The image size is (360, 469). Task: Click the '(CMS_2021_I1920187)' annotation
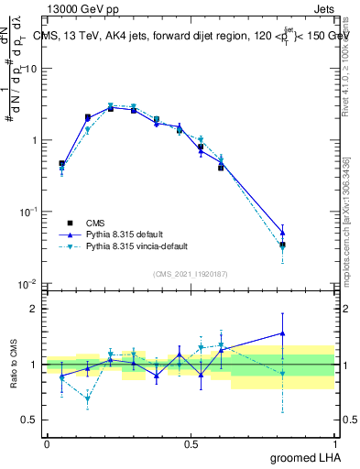pyautogui.click(x=191, y=273)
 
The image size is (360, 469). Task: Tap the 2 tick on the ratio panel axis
pyautogui.click(x=35, y=309)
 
